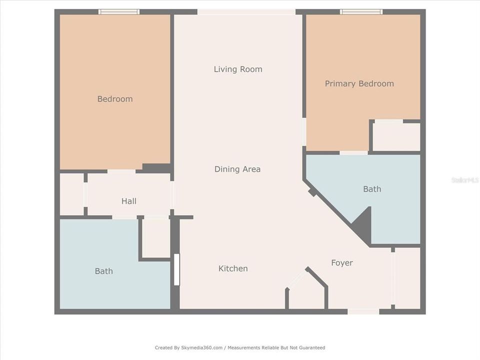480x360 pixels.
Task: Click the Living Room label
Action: [238, 69]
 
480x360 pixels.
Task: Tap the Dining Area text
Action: [237, 169]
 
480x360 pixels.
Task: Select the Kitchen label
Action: [233, 268]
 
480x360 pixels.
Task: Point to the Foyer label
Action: [342, 263]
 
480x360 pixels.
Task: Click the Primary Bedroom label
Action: [359, 83]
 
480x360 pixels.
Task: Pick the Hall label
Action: [129, 201]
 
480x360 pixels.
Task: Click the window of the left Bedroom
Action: [119, 11]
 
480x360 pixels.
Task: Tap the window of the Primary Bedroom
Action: [361, 11]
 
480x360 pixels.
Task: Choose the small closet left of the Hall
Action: [71, 194]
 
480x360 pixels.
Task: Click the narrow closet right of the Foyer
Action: [407, 278]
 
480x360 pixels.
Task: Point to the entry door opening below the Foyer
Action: [363, 311]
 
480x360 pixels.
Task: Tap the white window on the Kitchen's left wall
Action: [176, 269]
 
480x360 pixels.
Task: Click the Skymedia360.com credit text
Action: [240, 347]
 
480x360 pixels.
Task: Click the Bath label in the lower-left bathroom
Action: [104, 271]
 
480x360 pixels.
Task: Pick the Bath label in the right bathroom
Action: [372, 189]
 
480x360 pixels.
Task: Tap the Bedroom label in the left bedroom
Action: [115, 99]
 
